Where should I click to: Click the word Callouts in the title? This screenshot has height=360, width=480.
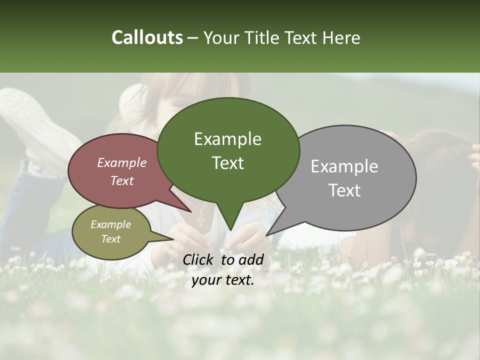tap(147, 38)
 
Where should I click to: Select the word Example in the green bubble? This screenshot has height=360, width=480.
tap(227, 139)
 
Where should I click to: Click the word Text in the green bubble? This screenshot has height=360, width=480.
tap(227, 163)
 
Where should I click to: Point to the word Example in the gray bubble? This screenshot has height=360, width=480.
tap(344, 166)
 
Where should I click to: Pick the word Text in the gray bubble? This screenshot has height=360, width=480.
tap(344, 190)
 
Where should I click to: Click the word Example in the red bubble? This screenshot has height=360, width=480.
tap(121, 163)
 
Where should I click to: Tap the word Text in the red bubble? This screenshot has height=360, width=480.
tap(121, 181)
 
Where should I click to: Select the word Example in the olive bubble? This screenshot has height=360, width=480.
tap(110, 224)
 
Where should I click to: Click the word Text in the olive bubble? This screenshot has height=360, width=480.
tap(110, 239)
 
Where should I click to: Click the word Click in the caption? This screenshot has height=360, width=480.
tap(199, 259)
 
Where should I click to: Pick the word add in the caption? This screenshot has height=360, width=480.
tap(252, 259)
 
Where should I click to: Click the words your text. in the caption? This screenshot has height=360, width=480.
tap(223, 280)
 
